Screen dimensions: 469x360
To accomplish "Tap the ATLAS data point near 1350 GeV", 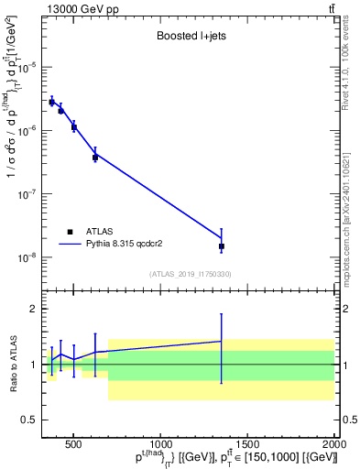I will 222,246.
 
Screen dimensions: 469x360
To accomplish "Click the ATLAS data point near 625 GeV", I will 95,158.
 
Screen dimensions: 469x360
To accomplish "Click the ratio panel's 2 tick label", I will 32,310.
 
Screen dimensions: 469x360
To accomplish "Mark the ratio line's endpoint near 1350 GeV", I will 222,341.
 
